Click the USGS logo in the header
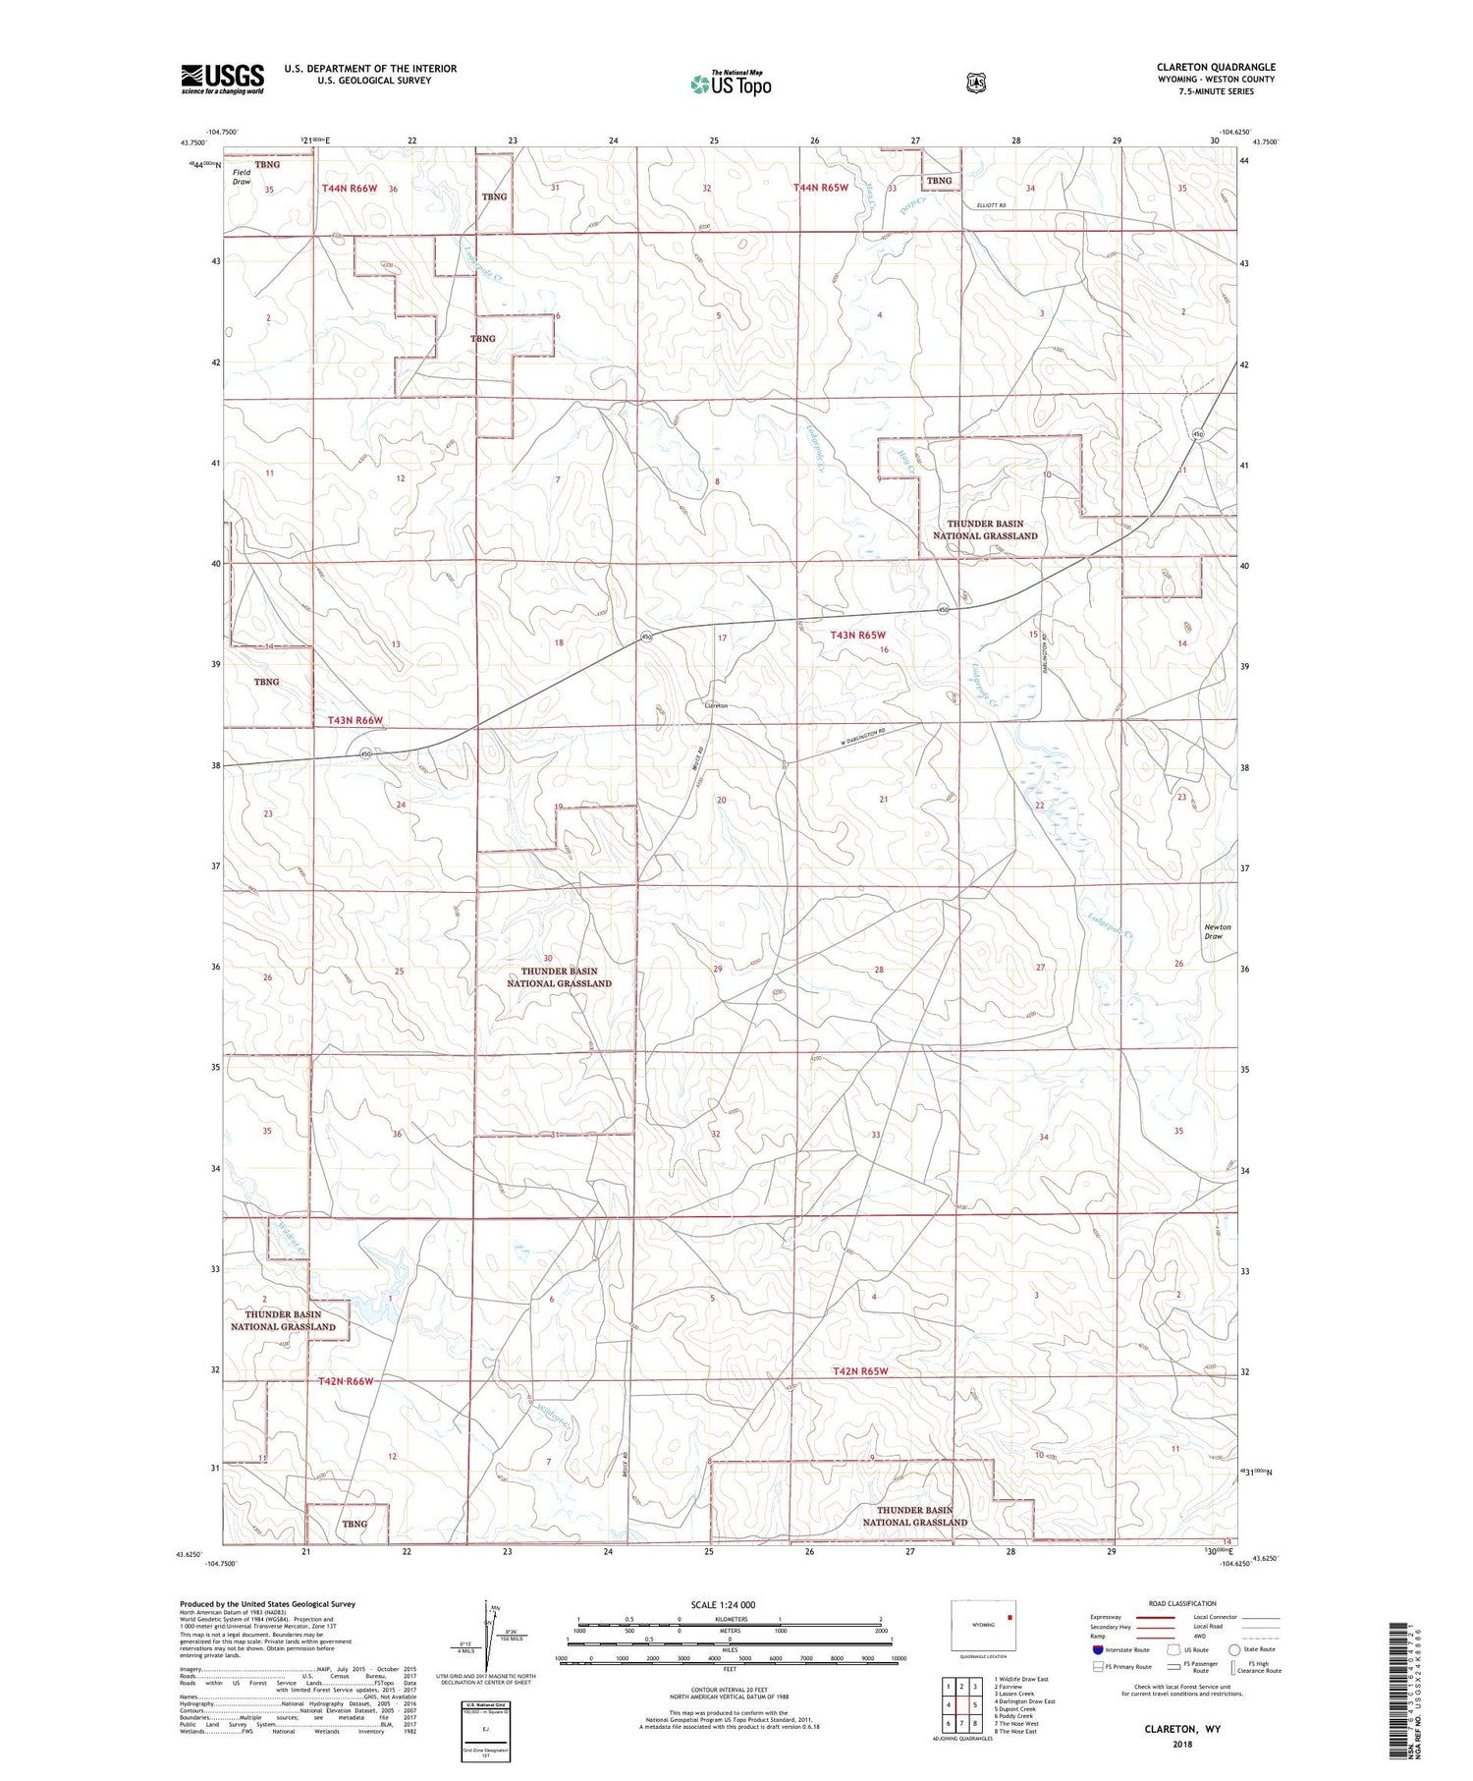point(222,79)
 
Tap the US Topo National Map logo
point(731,83)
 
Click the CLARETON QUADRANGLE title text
point(1216,67)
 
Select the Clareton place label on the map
point(715,705)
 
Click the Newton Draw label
point(1217,931)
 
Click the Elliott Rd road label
point(991,204)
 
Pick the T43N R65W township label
point(858,636)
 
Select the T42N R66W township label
point(347,1381)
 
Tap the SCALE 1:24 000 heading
point(723,1604)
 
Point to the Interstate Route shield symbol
point(1098,1649)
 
